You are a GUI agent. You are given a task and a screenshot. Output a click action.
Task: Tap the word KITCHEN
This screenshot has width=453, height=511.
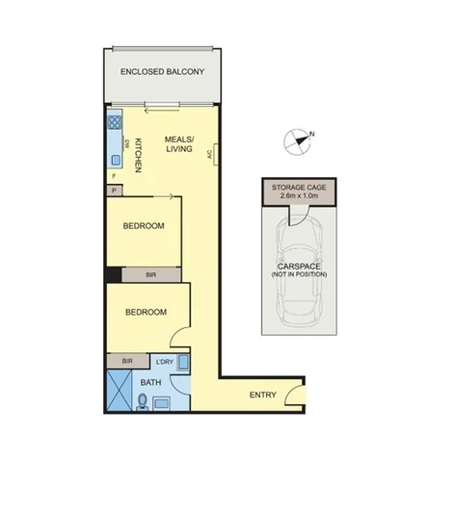pos(138,154)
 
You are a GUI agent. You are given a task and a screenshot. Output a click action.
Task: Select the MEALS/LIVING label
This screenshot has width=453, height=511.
pos(178,143)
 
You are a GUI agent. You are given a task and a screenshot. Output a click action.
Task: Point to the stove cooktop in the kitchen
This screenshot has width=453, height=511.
pos(114,122)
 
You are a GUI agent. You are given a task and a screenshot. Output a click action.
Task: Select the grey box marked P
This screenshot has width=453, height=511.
pos(114,191)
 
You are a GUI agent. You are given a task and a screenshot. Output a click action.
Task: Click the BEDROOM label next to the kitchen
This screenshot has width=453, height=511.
pos(144,226)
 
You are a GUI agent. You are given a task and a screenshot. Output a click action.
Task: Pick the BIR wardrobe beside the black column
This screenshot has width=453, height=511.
pos(151,275)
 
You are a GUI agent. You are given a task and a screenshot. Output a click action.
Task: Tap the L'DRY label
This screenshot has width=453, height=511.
pos(163,362)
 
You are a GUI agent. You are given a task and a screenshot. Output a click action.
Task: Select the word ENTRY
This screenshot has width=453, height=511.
pos(262,395)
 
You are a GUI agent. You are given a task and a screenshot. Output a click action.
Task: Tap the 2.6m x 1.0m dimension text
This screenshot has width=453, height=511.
pos(299,195)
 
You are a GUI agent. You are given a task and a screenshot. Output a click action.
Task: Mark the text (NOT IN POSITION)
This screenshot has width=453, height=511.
pos(299,275)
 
